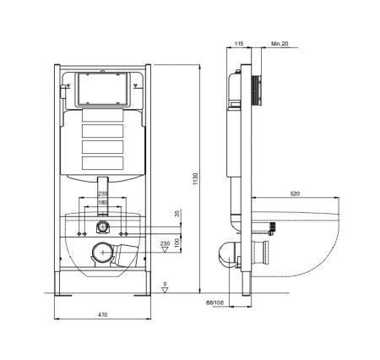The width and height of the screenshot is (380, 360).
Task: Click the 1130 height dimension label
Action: click(196, 178)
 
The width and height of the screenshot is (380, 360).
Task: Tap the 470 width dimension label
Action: click(103, 314)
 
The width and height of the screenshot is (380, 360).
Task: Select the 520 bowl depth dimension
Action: click(295, 194)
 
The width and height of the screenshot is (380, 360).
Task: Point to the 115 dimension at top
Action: click(239, 44)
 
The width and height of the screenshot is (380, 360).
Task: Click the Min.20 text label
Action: click(280, 44)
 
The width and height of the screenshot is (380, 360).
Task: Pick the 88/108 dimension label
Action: click(214, 303)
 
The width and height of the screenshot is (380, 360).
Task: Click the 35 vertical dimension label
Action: click(177, 214)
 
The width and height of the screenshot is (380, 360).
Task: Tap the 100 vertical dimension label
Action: click(177, 242)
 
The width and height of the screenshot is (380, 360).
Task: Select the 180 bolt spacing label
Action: click(102, 203)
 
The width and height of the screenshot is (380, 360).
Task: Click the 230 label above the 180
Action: click(102, 194)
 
